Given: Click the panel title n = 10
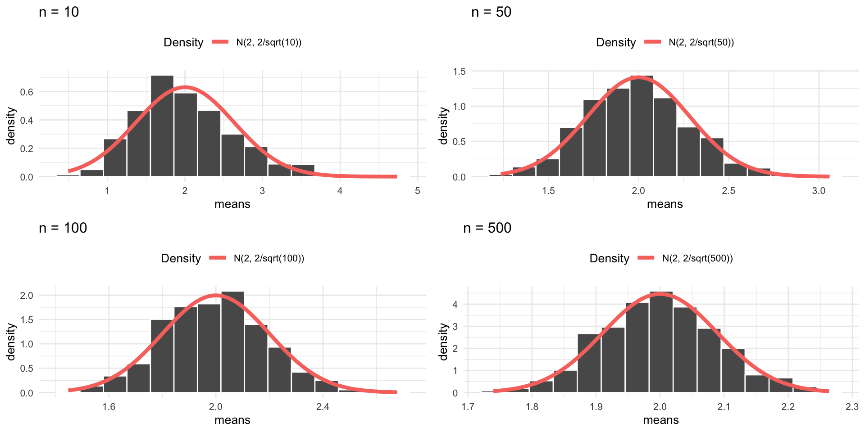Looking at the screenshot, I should pyautogui.click(x=59, y=12).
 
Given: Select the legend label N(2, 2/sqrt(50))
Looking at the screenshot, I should pyautogui.click(x=701, y=43).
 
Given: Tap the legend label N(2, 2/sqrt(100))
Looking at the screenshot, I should pyautogui.click(x=269, y=259).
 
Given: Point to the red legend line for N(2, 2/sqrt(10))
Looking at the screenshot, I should pyautogui.click(x=220, y=42).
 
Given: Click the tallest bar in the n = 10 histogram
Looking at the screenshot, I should pyautogui.click(x=162, y=126).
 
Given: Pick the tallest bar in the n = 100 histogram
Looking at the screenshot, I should pyautogui.click(x=232, y=342).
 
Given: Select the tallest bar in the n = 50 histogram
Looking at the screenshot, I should pyautogui.click(x=642, y=126).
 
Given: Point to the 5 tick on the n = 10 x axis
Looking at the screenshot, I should pyautogui.click(x=418, y=191).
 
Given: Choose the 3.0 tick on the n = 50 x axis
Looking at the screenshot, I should pyautogui.click(x=819, y=191).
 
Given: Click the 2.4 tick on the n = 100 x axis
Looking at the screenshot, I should pyautogui.click(x=323, y=407).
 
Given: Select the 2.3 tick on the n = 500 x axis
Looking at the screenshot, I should pyautogui.click(x=852, y=407).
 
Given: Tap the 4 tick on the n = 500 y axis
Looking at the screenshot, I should pyautogui.click(x=455, y=305).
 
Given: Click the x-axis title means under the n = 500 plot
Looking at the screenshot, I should pyautogui.click(x=660, y=420).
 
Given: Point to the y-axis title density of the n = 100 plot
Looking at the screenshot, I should pyautogui.click(x=11, y=342).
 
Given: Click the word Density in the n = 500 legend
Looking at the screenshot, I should pyautogui.click(x=609, y=259).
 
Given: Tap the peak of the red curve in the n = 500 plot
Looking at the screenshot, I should pyautogui.click(x=660, y=294).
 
